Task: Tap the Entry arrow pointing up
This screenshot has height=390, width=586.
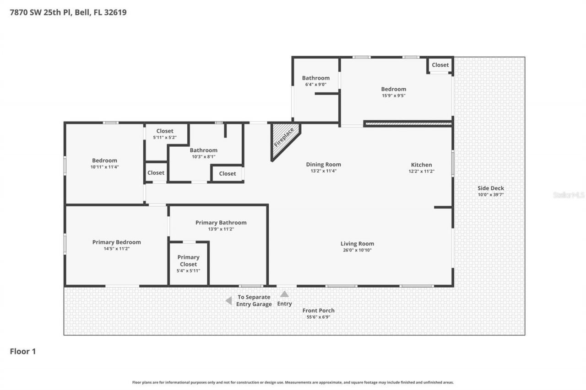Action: pos(284,294)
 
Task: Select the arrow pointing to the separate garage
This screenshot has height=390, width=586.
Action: pos(228,300)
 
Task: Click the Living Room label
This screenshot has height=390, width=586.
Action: pos(357,244)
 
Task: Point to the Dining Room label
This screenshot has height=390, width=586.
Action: pos(323,165)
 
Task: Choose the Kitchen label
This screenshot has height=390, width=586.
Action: pos(421,165)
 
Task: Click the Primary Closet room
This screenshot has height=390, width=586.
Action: pos(188,263)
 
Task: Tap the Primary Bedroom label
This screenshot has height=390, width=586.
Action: pos(116,242)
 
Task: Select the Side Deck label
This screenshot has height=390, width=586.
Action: pos(491,188)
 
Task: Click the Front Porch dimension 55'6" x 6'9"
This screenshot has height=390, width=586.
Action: pos(318,317)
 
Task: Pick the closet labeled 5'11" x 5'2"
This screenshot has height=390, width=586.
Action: pos(165,137)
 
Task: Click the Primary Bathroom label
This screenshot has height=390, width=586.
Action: pos(221,223)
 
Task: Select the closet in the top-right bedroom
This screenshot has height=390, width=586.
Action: pos(440,65)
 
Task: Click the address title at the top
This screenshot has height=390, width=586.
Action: pos(68,12)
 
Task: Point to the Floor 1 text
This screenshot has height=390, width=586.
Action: pos(23,351)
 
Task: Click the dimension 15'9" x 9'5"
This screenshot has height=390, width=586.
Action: pos(393,96)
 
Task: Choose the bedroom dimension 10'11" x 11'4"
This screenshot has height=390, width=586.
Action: pos(104,167)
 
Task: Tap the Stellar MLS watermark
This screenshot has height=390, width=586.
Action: pos(568,195)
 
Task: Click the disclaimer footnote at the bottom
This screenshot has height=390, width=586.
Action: pos(293,382)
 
